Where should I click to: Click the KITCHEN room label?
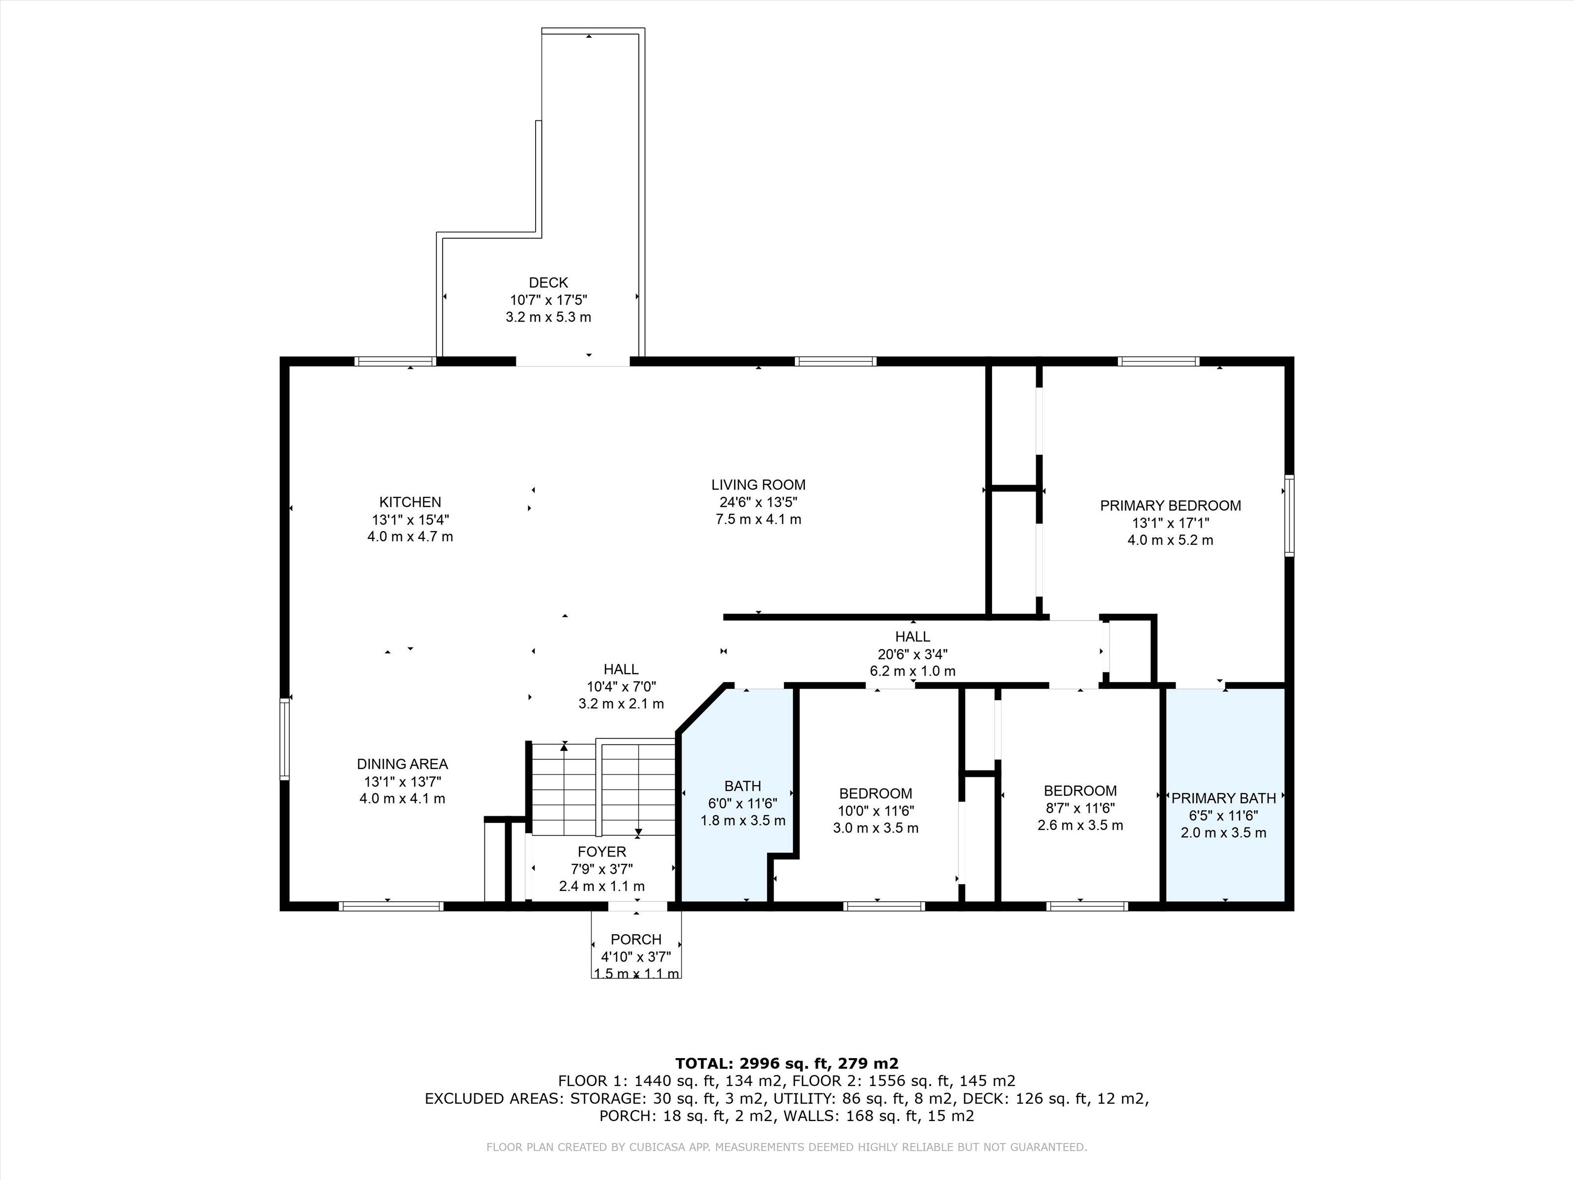(410, 502)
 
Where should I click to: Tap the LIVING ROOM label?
(758, 485)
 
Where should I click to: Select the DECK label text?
(548, 283)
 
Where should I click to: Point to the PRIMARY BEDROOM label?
(1171, 506)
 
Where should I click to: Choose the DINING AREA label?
(402, 764)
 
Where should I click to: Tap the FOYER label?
(602, 852)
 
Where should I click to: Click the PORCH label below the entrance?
(636, 940)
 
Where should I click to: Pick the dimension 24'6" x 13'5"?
(758, 502)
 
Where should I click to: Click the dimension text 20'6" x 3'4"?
(913, 653)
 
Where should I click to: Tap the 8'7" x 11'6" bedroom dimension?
(1080, 808)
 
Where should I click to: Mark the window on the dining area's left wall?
(285, 738)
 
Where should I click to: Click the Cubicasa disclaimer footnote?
(787, 1147)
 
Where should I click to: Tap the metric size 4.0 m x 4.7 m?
(410, 537)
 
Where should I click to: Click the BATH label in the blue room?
(743, 786)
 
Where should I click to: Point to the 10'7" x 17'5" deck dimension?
(548, 300)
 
